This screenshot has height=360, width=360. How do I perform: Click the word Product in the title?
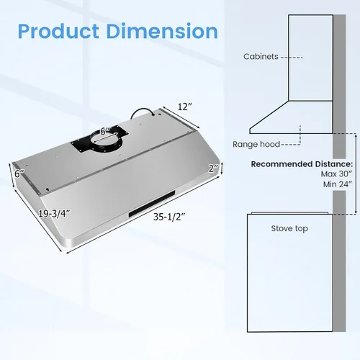pyautogui.click(x=58, y=31)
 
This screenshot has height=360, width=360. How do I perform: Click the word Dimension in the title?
pyautogui.click(x=162, y=31)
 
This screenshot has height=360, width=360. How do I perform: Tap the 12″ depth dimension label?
pyautogui.click(x=185, y=107)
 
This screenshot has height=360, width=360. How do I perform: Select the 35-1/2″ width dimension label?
pyautogui.click(x=169, y=217)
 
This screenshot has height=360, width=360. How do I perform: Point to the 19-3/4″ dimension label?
pyautogui.click(x=55, y=213)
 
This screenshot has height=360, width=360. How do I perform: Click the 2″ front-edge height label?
pyautogui.click(x=213, y=168)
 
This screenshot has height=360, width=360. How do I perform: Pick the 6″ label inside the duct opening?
pyautogui.click(x=105, y=132)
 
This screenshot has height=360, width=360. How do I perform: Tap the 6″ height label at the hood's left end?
pyautogui.click(x=19, y=174)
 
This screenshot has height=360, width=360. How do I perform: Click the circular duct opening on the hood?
pyautogui.click(x=106, y=143)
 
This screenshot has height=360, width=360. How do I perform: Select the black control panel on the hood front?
pyautogui.click(x=152, y=204)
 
